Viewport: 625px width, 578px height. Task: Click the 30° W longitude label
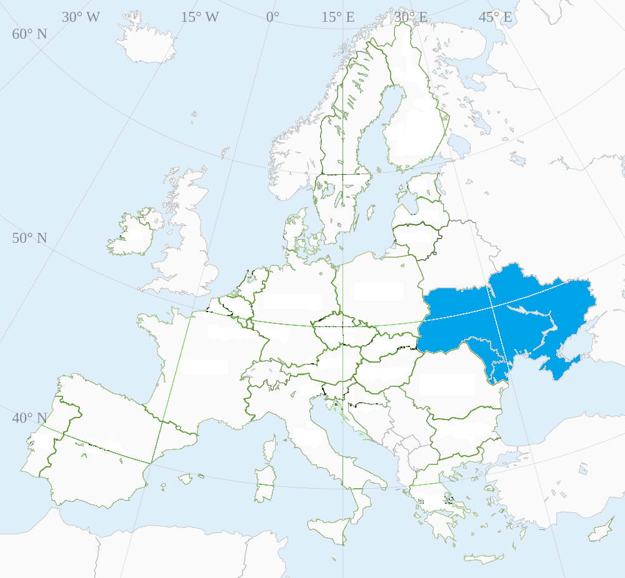(x=81, y=17)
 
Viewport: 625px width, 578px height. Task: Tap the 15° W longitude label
(x=200, y=17)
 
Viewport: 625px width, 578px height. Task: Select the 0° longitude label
(x=272, y=17)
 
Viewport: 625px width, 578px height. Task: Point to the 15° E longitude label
(x=338, y=17)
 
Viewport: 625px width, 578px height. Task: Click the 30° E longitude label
(x=411, y=17)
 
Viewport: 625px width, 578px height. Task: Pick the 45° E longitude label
(x=495, y=17)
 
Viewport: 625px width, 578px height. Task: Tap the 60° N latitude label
(x=29, y=34)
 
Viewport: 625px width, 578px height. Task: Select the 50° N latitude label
(x=29, y=238)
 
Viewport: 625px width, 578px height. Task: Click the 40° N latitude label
(x=29, y=418)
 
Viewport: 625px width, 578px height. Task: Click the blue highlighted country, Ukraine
(x=500, y=312)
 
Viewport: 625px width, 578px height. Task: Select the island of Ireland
(x=134, y=231)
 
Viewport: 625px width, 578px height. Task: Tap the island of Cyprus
(x=601, y=531)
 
